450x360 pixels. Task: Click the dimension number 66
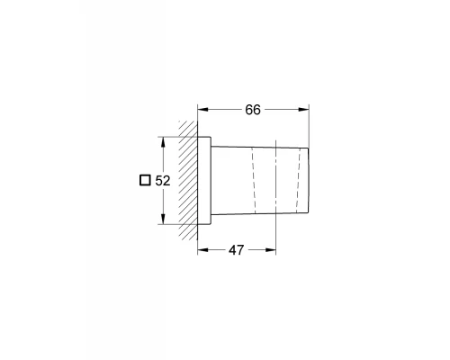pos(253,109)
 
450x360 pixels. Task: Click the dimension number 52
pos(163,180)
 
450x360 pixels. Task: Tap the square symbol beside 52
pos(144,180)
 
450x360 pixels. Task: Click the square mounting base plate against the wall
pos(206,180)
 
